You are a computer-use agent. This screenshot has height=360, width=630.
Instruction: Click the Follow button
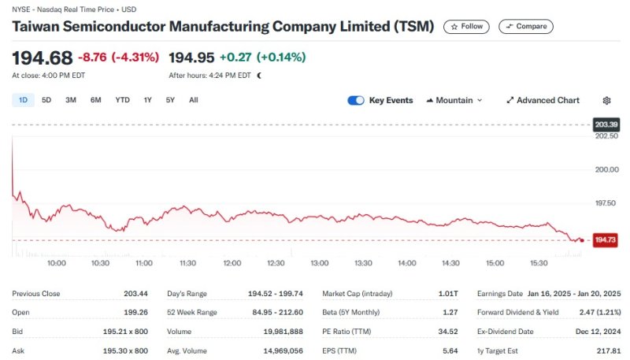tap(466, 27)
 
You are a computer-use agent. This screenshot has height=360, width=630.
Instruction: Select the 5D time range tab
tap(46, 100)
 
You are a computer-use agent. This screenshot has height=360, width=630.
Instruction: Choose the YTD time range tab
tap(122, 100)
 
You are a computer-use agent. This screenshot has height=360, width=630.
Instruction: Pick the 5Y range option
tap(170, 100)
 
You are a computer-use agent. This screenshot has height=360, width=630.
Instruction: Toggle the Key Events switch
tap(356, 100)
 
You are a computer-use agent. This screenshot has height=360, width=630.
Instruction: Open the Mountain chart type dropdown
tap(454, 100)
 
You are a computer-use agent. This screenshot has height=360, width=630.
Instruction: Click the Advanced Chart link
tap(543, 100)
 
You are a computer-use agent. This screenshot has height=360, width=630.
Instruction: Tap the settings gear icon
tap(606, 100)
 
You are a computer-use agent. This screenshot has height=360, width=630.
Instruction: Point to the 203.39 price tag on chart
tap(606, 124)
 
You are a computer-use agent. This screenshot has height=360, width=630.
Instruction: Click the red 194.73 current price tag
tap(606, 239)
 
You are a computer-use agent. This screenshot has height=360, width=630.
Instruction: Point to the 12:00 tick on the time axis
tap(232, 262)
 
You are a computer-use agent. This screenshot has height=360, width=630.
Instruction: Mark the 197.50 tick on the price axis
tap(606, 203)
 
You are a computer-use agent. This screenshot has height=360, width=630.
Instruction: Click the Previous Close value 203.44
tap(135, 294)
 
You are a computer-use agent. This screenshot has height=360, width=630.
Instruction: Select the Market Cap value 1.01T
tap(448, 294)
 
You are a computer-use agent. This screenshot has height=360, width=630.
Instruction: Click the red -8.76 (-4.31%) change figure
tap(119, 58)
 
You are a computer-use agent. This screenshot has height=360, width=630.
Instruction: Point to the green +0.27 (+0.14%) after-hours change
tap(262, 58)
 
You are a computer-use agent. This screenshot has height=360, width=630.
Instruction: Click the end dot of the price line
tap(581, 239)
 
